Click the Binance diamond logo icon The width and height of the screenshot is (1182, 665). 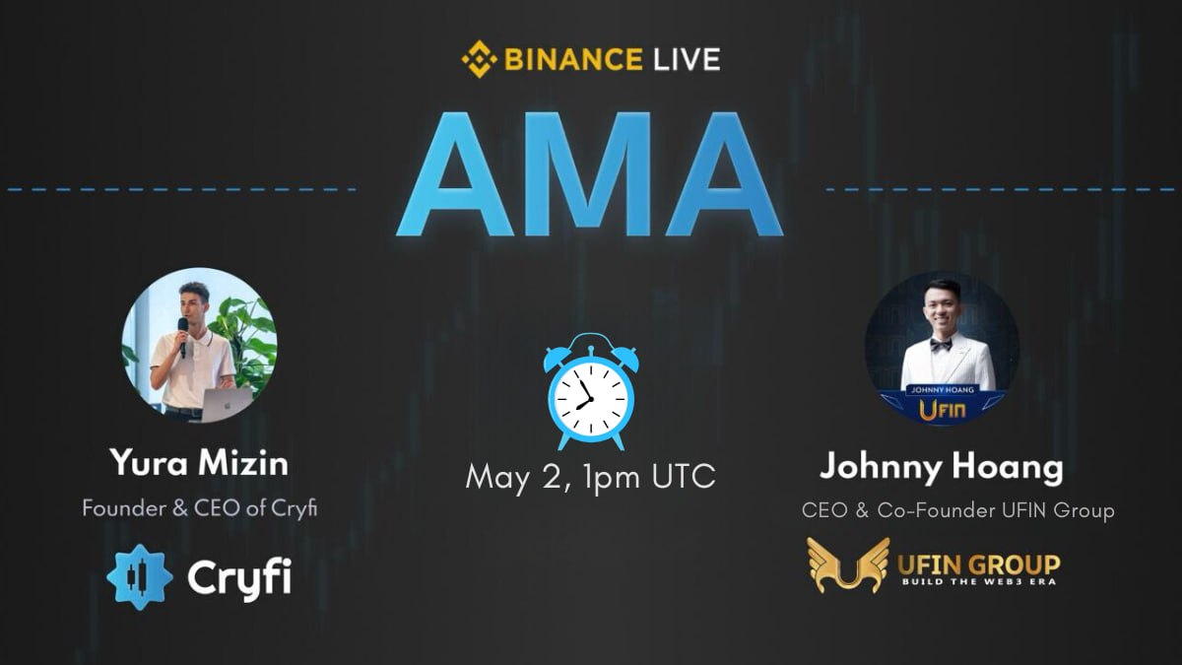480,59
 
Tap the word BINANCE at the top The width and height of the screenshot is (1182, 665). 570,59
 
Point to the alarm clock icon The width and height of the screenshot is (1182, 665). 590,391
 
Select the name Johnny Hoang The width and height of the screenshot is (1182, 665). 941,467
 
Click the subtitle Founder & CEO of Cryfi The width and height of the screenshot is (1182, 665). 199,509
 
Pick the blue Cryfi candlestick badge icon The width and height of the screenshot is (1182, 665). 140,576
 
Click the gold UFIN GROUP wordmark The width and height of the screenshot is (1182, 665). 978,564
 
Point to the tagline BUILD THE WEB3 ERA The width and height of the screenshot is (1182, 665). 978,581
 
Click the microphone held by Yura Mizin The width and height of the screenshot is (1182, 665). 182,335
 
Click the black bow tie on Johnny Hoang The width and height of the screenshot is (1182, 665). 941,345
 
